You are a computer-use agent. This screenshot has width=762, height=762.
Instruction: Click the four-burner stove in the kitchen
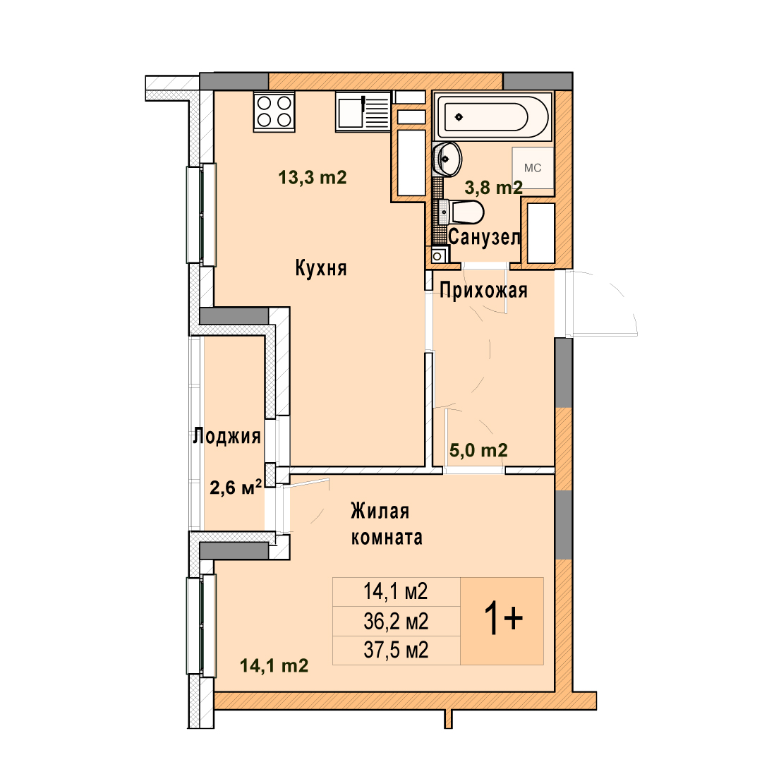274,111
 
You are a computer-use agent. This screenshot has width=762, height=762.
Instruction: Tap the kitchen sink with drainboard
363,111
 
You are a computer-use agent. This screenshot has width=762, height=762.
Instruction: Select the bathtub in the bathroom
492,116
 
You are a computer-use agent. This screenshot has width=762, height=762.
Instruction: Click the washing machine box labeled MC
533,168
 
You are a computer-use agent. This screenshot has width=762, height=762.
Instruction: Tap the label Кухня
321,268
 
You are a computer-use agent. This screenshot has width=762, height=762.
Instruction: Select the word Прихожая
483,291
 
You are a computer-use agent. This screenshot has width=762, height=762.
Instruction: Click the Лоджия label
227,436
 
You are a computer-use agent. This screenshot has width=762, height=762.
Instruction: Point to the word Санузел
485,237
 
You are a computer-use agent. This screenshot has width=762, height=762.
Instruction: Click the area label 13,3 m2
313,177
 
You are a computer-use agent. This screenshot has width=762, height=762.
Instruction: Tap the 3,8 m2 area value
494,187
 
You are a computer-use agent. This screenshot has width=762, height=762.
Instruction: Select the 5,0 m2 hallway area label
478,450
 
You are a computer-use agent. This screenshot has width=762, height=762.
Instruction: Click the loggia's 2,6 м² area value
236,486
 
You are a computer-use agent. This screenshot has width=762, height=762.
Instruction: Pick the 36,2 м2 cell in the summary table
396,621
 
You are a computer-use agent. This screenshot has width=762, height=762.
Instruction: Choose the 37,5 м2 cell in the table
396,651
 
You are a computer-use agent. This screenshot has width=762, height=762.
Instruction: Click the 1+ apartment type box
502,621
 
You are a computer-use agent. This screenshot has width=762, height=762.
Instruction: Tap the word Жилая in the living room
380,512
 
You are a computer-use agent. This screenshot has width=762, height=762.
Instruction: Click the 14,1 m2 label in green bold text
274,665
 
